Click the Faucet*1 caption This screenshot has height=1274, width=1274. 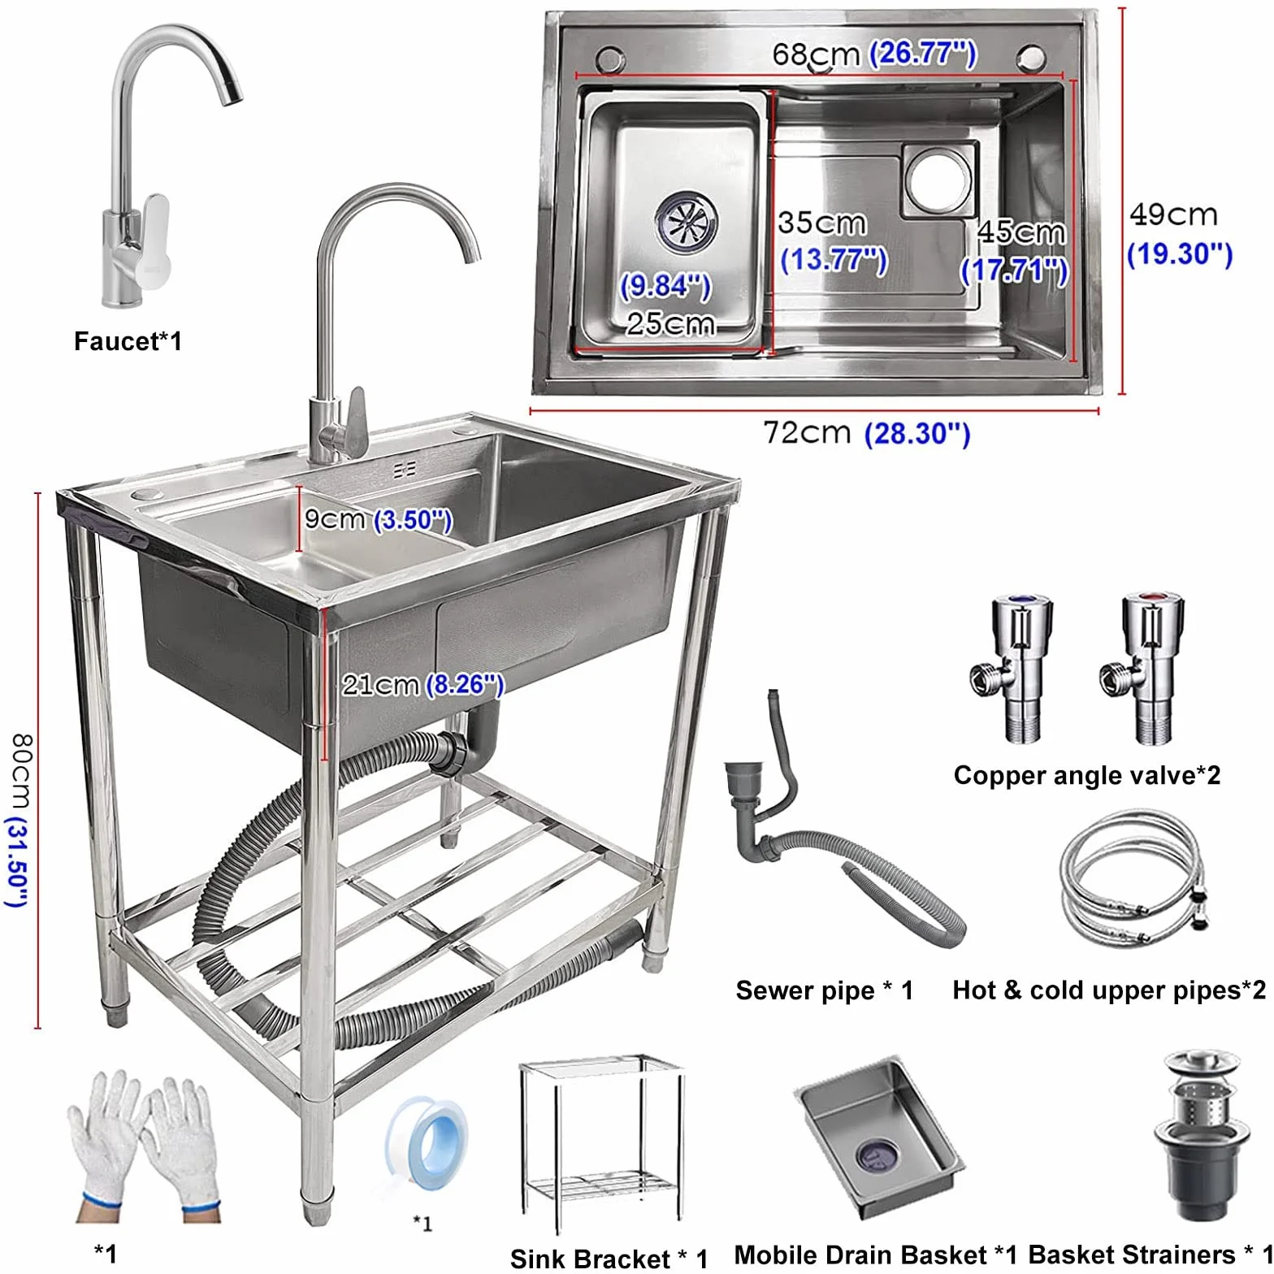click(128, 341)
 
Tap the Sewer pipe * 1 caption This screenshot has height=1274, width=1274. click(824, 990)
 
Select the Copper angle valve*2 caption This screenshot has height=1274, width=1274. click(1086, 775)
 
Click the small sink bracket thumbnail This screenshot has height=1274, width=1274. click(601, 1146)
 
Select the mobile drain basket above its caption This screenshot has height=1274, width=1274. click(877, 1137)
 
